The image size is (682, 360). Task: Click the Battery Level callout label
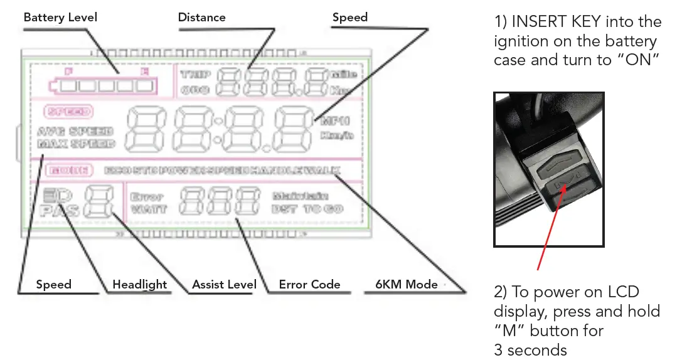[x=60, y=17]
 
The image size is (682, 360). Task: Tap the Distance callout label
[x=201, y=17]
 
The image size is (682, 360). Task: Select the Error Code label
[x=309, y=284]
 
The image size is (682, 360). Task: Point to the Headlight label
[x=139, y=284]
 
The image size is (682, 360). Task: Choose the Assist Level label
[x=224, y=284]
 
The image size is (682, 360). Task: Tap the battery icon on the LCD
[x=105, y=85]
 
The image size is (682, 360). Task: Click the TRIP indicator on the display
[x=196, y=75]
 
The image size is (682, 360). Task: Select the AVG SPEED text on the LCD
[x=75, y=132]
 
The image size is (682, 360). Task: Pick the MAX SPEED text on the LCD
[x=76, y=144]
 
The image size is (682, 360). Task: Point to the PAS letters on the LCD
[x=60, y=210]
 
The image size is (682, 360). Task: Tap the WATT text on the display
[x=148, y=209]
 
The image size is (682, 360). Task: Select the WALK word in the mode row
[x=324, y=170]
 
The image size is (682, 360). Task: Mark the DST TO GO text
[x=307, y=209]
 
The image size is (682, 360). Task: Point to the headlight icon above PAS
[x=56, y=195]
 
